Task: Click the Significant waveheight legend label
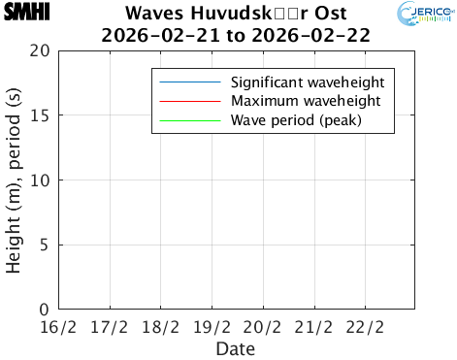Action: coord(308,82)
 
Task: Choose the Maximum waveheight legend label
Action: coord(305,101)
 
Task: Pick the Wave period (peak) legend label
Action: coord(296,121)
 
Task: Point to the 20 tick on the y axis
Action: coord(40,50)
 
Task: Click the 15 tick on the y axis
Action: coord(40,115)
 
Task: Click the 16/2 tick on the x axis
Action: coord(59,325)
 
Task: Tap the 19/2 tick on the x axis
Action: coord(212,325)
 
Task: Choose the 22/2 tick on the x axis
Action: coord(363,325)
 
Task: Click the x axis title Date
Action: coord(236,346)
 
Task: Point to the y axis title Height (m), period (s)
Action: coord(15,180)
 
